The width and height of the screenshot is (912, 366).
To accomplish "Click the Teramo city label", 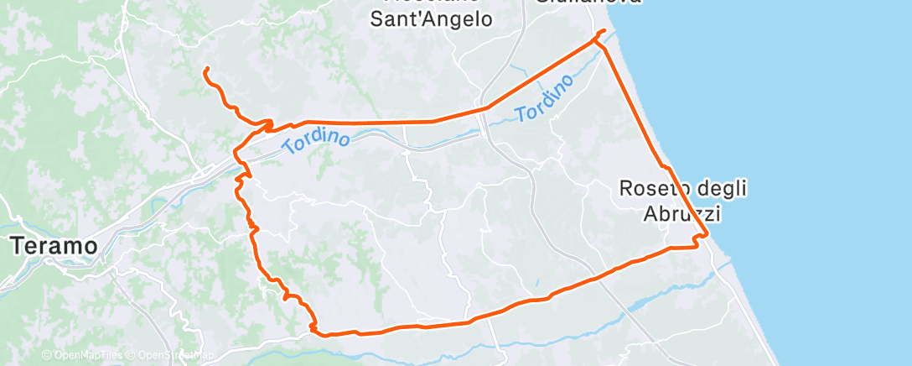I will pos(54,246).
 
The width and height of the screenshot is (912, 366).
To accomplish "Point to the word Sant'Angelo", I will pos(432,18).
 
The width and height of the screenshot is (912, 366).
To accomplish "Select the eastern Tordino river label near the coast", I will pos(545,97).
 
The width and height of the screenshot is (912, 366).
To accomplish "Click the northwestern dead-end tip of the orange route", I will pos(205,70).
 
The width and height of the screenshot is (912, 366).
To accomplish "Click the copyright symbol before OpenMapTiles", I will pos(47,356).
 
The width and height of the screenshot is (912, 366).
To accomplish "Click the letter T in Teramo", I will pos(17,246).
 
